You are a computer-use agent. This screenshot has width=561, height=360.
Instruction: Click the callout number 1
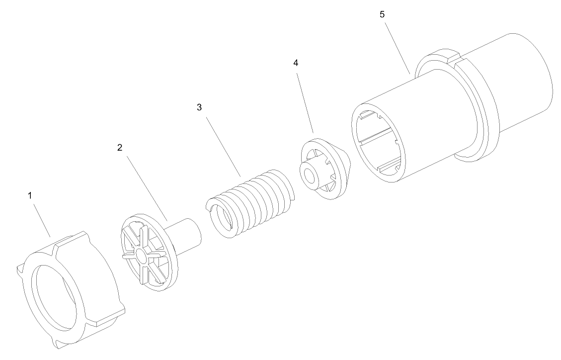(30, 195)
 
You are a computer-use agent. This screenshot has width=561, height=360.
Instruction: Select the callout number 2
(119, 148)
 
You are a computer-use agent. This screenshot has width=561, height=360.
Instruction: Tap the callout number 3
(199, 107)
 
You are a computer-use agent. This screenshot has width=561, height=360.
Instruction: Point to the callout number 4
(296, 63)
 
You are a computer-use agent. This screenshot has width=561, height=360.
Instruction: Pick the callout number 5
(382, 14)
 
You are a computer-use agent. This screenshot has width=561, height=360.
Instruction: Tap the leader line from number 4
(305, 100)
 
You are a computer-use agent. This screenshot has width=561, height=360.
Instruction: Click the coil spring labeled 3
(248, 201)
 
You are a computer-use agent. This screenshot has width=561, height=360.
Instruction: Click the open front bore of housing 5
(378, 144)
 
